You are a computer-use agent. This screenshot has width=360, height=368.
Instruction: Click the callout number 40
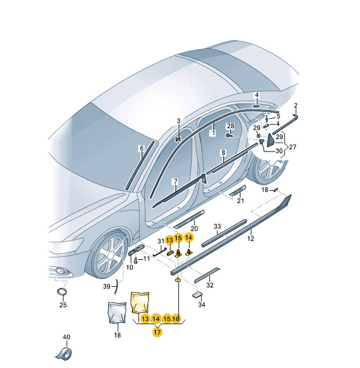[x=66, y=337]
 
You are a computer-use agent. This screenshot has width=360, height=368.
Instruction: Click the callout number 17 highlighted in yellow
[x=157, y=332]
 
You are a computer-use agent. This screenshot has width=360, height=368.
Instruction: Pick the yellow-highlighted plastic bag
[x=141, y=301]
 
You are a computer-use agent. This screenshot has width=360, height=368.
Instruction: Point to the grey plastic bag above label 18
[x=117, y=312]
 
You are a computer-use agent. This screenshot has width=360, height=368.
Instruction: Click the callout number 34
[x=202, y=305]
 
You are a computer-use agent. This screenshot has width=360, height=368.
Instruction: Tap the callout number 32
[x=210, y=286]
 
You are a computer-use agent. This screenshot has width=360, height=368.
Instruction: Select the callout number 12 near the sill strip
[x=251, y=238]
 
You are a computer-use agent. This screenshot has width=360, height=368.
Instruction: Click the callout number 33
[x=217, y=226]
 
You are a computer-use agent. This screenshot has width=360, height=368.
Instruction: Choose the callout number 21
[x=240, y=201]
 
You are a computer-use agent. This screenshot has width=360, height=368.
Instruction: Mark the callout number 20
[x=194, y=228]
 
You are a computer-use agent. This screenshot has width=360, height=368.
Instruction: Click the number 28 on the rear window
[x=230, y=126]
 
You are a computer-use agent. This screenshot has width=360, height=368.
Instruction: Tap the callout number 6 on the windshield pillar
[x=141, y=149]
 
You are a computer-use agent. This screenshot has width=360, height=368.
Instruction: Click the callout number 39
[x=106, y=286]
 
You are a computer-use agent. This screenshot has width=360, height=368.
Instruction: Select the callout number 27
[x=293, y=147]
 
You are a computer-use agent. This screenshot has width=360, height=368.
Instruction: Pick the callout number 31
[x=161, y=241]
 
